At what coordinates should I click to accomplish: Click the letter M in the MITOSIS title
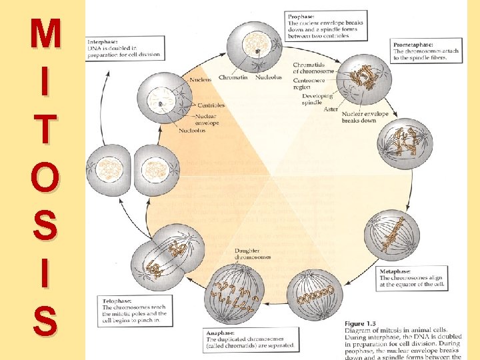click(x=45, y=34)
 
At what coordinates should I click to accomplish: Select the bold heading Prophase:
click(x=302, y=15)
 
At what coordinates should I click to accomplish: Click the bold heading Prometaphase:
click(x=413, y=43)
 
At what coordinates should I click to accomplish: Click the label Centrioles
click(x=211, y=105)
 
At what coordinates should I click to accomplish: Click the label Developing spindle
click(x=316, y=99)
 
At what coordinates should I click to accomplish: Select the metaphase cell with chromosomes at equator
click(x=392, y=237)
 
